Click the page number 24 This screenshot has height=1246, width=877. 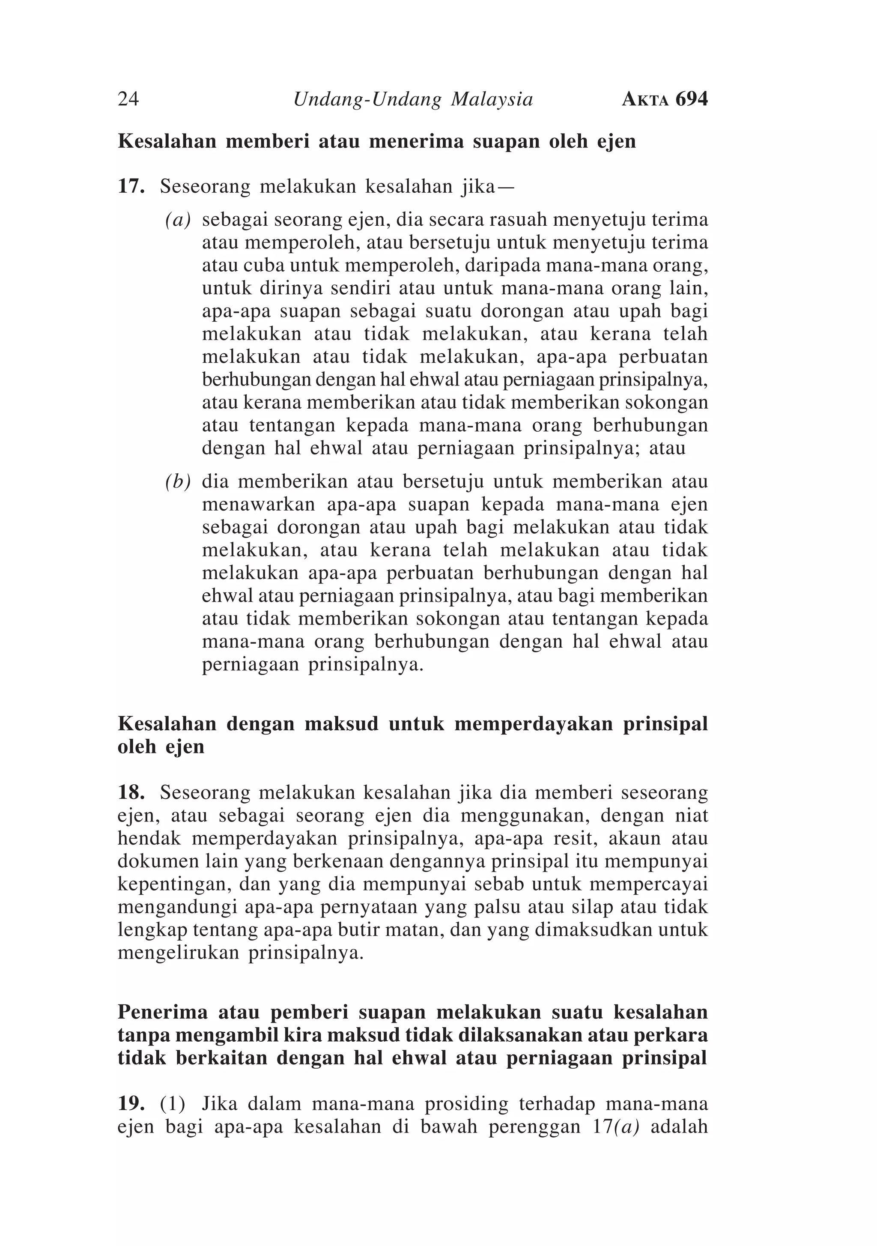click(128, 99)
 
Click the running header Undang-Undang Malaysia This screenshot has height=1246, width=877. click(413, 99)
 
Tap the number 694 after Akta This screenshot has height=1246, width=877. click(692, 99)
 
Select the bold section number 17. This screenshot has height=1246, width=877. click(131, 187)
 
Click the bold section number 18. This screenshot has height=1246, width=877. click(131, 793)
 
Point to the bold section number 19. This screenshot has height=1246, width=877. click(131, 1104)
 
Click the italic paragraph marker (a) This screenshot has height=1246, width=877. click(179, 220)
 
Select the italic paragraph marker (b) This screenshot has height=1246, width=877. click(179, 482)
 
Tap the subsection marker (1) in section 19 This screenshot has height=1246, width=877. click(173, 1104)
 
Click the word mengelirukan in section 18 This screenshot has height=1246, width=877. click(178, 953)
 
